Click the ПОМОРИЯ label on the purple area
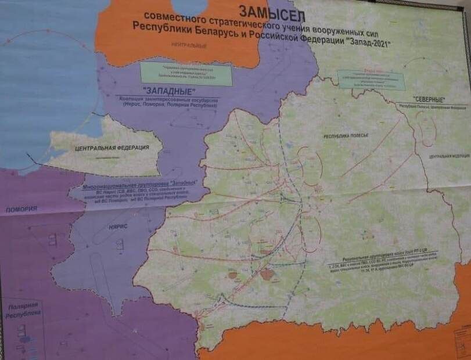tap(18, 208)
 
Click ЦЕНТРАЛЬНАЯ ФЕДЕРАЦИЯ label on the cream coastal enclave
tap(112, 147)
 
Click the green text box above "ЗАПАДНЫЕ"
tap(186, 74)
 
